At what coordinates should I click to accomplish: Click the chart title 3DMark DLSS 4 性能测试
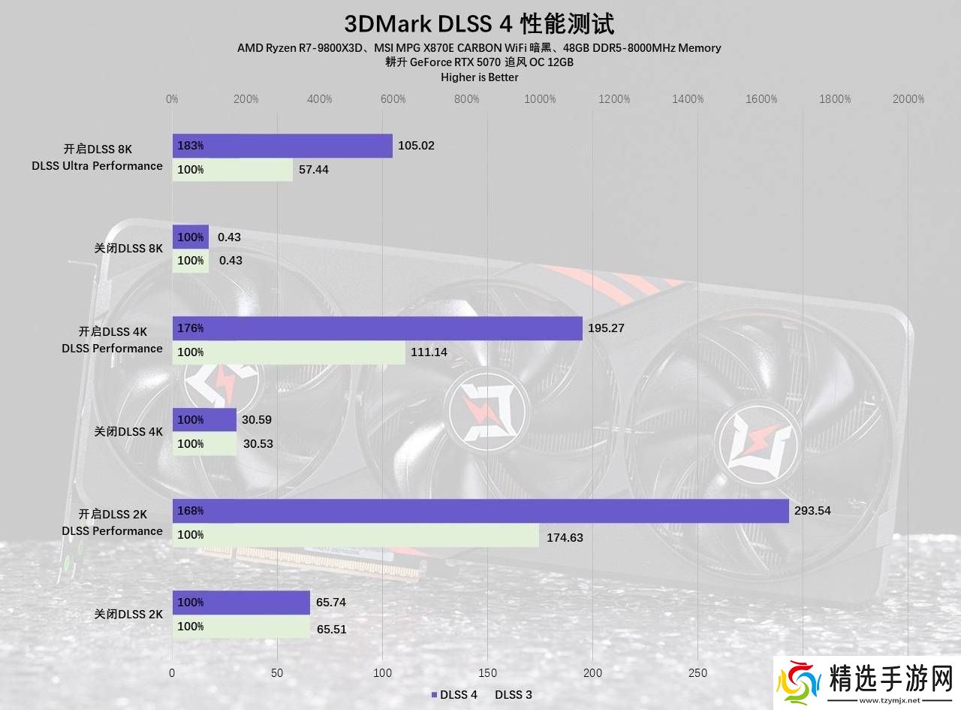[x=479, y=24]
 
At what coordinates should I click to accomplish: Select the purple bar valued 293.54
[x=480, y=511]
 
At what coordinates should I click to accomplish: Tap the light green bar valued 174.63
[x=355, y=535]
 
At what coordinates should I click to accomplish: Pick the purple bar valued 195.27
[x=377, y=328]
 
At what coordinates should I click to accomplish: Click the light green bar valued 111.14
[x=288, y=352]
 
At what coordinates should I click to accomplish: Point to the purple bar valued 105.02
[x=282, y=146]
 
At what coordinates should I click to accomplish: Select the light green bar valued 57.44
[x=232, y=170]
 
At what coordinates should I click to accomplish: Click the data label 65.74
[x=331, y=603]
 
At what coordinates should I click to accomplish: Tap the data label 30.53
[x=258, y=444]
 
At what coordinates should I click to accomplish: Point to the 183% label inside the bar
[x=191, y=146]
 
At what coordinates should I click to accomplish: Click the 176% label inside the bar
[x=191, y=328]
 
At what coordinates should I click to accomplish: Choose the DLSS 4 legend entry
[x=454, y=695]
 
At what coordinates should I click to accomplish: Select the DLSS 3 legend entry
[x=514, y=695]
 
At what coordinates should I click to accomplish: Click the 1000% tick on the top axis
[x=540, y=99]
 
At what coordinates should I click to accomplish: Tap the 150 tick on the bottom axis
[x=488, y=673]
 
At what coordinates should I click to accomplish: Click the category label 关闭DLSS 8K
[x=128, y=249]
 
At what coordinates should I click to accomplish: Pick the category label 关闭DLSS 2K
[x=128, y=615]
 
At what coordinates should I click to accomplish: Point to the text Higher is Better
[x=480, y=77]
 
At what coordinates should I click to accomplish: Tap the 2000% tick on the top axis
[x=908, y=99]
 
